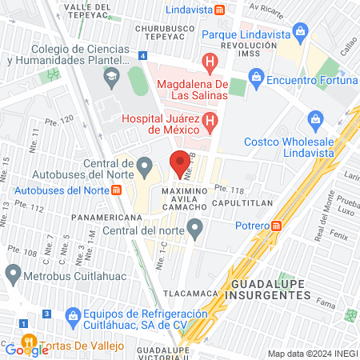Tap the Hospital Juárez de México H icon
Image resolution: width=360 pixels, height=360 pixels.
(210, 122)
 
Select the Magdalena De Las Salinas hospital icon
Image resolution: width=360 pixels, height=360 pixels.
(210, 61)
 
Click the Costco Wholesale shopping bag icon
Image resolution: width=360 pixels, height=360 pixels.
(315, 122)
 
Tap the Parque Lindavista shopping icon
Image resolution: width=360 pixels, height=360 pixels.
(301, 34)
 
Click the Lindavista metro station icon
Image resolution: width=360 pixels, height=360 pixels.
(230, 10)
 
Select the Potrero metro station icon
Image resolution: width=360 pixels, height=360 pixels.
(276, 226)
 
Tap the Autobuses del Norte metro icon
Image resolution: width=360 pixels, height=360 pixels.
(117, 190)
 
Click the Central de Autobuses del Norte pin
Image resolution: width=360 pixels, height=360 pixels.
(144, 166)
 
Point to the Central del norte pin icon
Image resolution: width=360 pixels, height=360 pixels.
(194, 231)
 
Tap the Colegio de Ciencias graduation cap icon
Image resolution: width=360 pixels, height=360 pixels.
(111, 77)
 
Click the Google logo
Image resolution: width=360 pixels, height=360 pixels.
(26, 349)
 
